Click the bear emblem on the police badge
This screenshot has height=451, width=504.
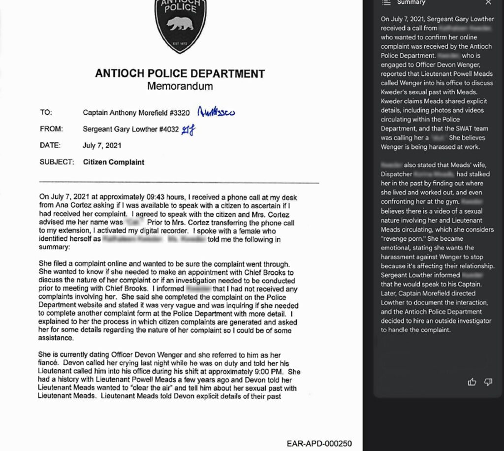[x=180, y=24]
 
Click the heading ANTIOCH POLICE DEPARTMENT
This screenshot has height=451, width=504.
[x=180, y=74]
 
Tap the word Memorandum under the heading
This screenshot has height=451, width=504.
[x=180, y=86]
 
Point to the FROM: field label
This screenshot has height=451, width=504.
[x=51, y=129]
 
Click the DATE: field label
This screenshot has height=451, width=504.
[x=50, y=145]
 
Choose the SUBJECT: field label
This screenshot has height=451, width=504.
[x=57, y=161]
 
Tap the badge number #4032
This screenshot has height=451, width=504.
[x=165, y=129]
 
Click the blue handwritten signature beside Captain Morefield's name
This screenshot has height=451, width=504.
[x=216, y=112]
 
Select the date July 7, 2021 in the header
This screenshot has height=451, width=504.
[x=102, y=145]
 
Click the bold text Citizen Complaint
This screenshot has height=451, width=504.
[x=114, y=161]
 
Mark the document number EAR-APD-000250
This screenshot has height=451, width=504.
[x=319, y=443]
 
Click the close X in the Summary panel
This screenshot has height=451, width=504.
[x=488, y=2]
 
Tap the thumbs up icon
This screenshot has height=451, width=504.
[x=472, y=382]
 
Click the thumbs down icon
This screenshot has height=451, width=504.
[x=488, y=382]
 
